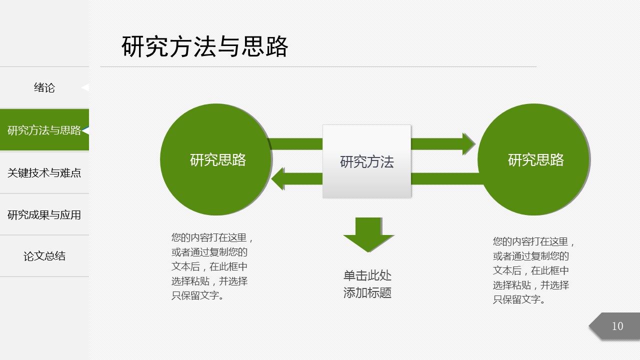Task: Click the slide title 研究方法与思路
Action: (205, 47)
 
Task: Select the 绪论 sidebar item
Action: (44, 88)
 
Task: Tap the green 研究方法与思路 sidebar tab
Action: (44, 130)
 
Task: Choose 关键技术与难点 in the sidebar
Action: (44, 173)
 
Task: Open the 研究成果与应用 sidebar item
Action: (44, 215)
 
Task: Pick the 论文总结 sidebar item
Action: (44, 256)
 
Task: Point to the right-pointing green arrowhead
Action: (468, 144)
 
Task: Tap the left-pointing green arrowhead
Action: (278, 178)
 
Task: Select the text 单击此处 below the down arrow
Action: (367, 275)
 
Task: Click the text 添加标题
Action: (367, 293)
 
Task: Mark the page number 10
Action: (617, 326)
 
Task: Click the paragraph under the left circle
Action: (212, 266)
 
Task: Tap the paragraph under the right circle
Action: (534, 270)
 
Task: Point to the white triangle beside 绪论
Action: (85, 87)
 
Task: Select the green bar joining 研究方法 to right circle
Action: (445, 178)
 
